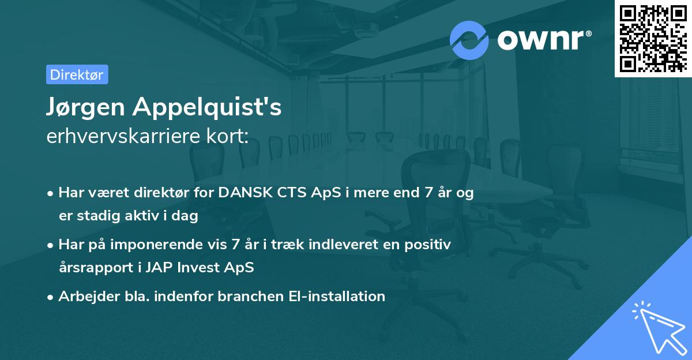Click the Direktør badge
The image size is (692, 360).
[77, 74]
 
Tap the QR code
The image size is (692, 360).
[653, 38]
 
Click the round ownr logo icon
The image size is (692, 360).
[469, 40]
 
